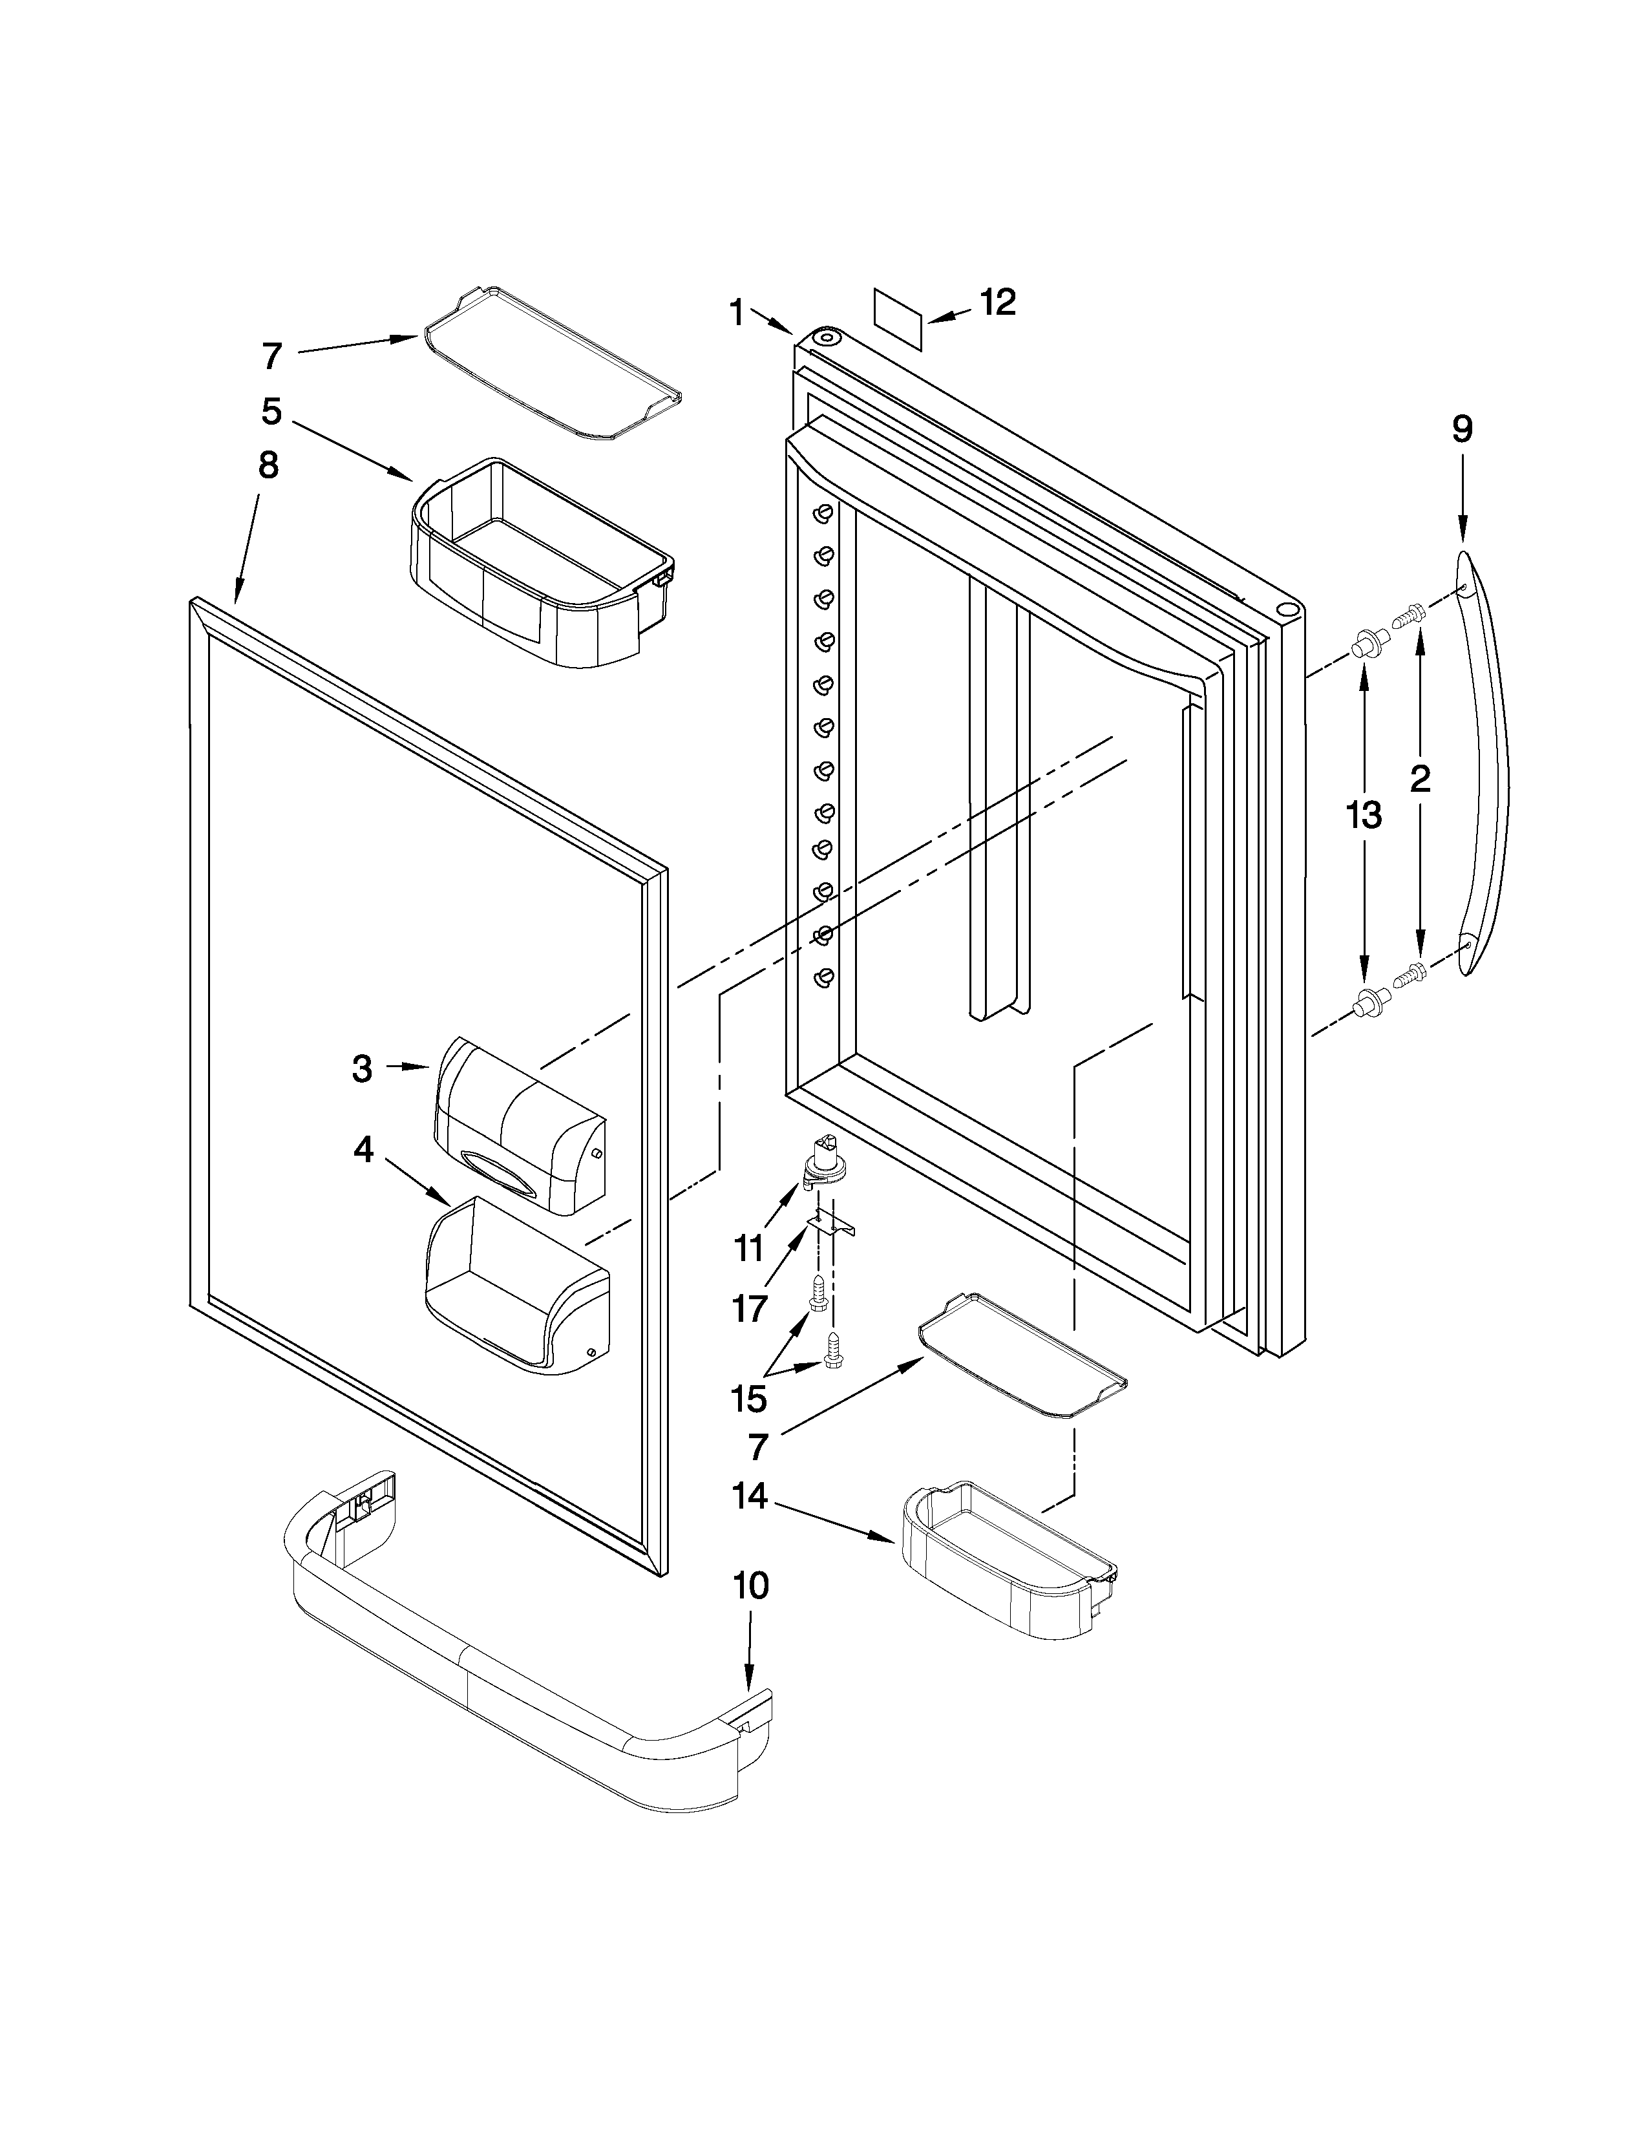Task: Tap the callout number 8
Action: point(268,466)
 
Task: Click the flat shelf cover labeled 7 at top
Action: point(552,363)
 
